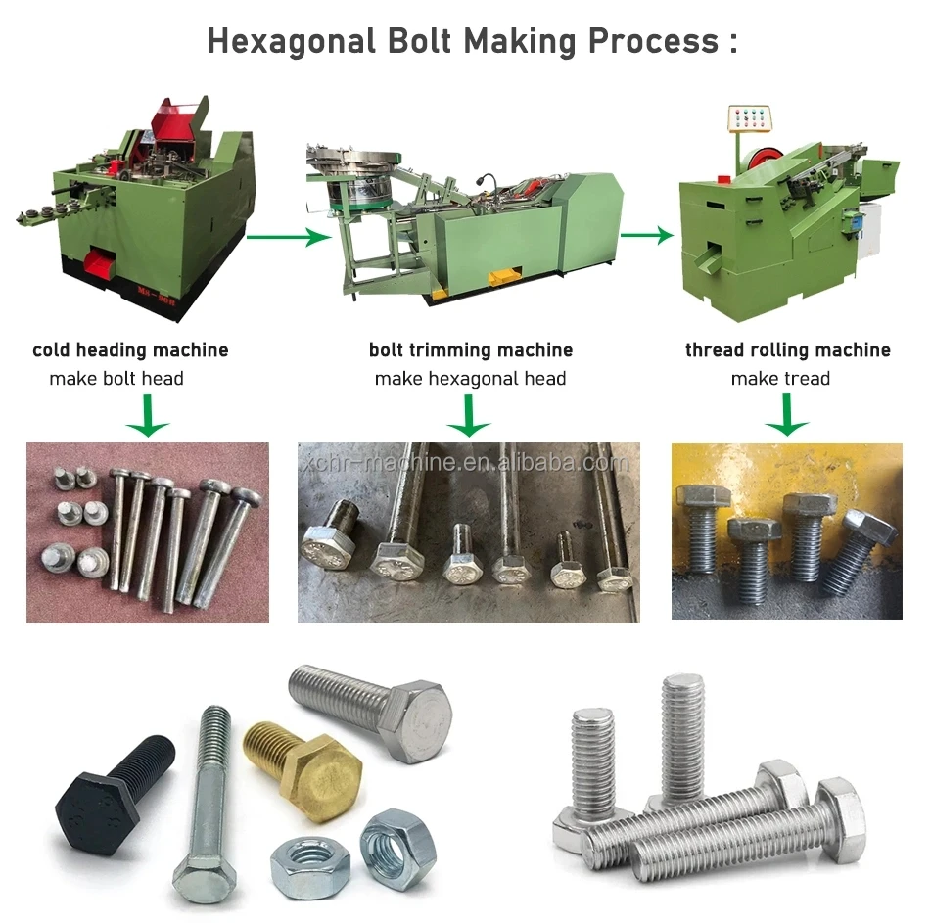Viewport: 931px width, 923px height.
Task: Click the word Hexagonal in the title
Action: tap(291, 41)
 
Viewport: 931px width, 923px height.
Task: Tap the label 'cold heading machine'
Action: tap(130, 350)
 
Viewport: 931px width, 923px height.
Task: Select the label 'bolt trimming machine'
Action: tap(470, 350)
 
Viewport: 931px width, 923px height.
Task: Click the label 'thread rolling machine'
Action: tap(787, 350)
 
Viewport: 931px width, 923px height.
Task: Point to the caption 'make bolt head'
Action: tap(116, 379)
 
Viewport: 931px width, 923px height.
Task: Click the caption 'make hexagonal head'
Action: tap(470, 379)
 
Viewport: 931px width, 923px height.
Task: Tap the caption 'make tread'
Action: tap(780, 379)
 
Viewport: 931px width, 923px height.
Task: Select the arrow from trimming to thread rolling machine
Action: tap(646, 235)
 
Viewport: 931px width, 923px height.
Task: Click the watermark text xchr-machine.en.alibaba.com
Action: tap(465, 463)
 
